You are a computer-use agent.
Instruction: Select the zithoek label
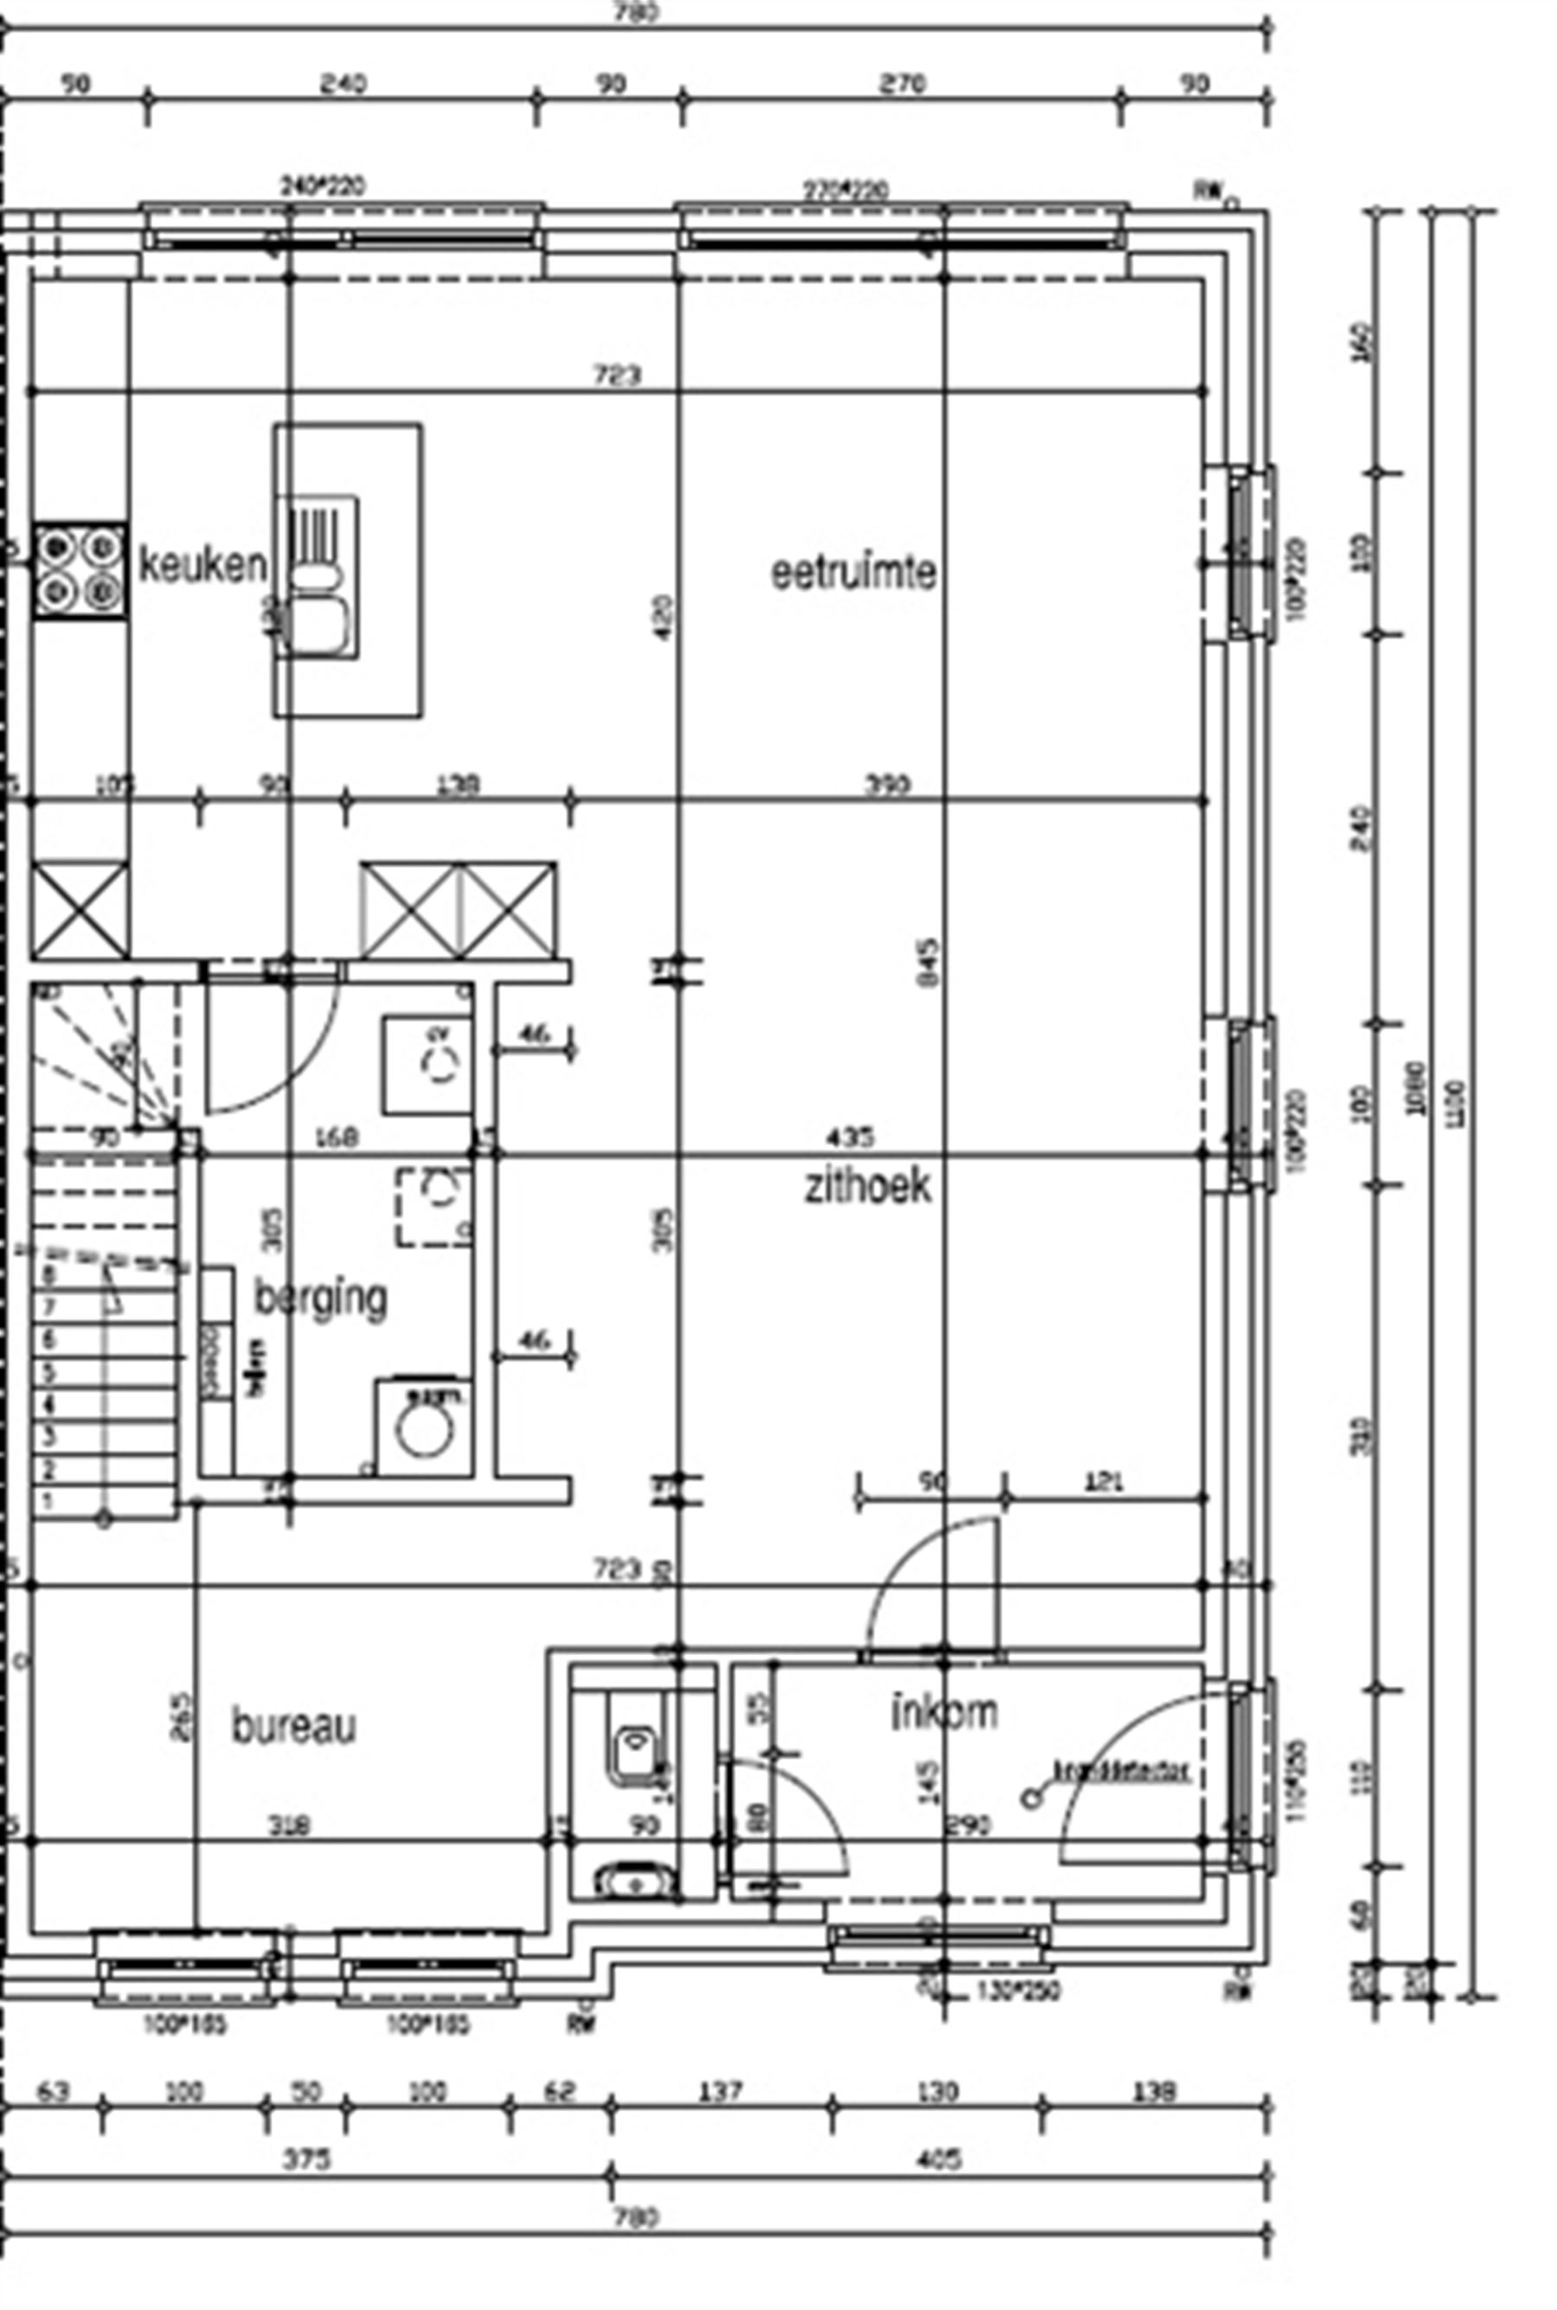tap(867, 1186)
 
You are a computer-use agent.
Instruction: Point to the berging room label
tap(320, 1298)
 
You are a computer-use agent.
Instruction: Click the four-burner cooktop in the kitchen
tap(80, 571)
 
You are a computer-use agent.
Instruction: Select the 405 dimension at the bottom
tap(938, 2159)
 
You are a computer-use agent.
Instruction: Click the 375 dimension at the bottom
tap(306, 2159)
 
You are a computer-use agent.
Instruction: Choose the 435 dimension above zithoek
tap(850, 1135)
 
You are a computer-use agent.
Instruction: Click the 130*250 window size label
tap(1019, 1990)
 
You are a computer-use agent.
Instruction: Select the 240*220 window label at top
tap(324, 186)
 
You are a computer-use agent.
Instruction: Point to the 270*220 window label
tap(845, 189)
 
